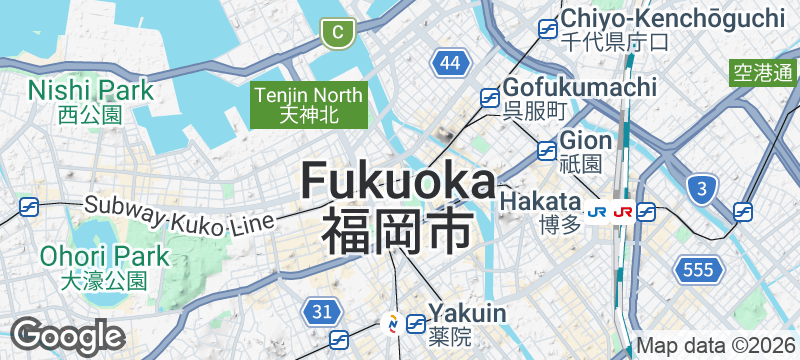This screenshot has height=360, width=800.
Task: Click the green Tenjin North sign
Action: coord(310,104)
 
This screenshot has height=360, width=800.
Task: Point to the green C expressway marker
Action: coord(338,33)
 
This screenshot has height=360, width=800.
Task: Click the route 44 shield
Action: coord(452,64)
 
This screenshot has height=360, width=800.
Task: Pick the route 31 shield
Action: coord(321,312)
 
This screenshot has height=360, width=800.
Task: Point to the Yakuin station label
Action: coord(467,321)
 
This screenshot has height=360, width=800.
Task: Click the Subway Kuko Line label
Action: coord(179,215)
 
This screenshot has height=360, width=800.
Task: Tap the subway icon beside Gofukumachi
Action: coord(490,98)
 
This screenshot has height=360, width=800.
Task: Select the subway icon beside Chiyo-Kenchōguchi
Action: coord(548,29)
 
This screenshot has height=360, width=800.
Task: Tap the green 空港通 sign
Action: coord(763,72)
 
